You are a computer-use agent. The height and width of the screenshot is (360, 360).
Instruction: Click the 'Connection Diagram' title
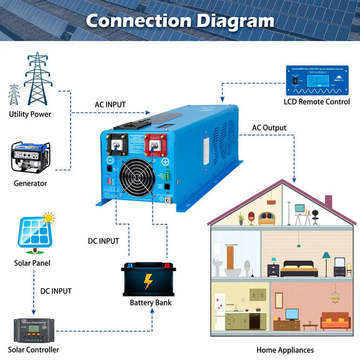coord(180,21)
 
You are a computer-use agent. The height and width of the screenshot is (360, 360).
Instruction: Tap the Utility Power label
coord(30,114)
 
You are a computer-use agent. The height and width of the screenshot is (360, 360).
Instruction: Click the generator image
coord(30,156)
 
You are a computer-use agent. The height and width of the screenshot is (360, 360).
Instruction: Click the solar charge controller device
coord(34,331)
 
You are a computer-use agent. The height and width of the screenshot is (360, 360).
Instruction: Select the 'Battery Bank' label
coord(151,302)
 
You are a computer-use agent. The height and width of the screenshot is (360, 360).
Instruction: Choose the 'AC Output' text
coord(269,128)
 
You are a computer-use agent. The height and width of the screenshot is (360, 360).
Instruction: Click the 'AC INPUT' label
coord(110,104)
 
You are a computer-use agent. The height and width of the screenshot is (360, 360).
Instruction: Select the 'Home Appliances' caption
coord(285,350)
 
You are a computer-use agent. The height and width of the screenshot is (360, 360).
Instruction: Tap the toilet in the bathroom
coord(247,267)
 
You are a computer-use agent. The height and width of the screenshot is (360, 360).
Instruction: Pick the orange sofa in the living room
coord(335,321)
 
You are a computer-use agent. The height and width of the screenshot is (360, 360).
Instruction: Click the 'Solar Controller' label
coord(37,350)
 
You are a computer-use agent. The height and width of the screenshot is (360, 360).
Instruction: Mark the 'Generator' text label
coord(30,183)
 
